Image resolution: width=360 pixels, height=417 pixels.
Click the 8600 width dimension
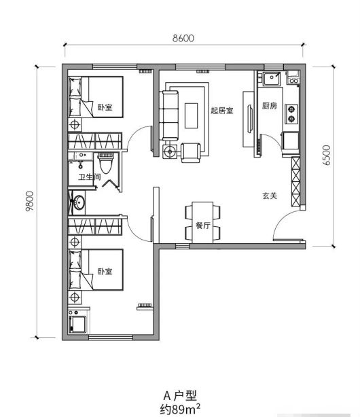click(183, 38)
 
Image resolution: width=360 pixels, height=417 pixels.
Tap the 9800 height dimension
click(29, 201)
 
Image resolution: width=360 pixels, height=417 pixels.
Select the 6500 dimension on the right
click(326, 156)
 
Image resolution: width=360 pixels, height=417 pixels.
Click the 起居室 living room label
click(222, 111)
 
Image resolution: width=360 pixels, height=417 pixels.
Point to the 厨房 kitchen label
click(270, 106)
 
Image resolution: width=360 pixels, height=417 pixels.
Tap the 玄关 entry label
click(270, 196)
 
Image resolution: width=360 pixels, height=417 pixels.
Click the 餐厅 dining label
click(203, 225)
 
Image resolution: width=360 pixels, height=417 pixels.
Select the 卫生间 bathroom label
click(90, 177)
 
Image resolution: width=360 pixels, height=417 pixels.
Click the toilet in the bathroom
click(106, 163)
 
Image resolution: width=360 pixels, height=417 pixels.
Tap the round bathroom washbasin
click(79, 202)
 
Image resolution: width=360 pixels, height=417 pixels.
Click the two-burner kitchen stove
click(291, 114)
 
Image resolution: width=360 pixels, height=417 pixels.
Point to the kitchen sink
click(272, 79)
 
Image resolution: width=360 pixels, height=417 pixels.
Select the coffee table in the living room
click(192, 115)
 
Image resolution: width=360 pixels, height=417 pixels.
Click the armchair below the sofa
click(191, 153)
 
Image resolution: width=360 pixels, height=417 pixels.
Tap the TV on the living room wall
click(250, 119)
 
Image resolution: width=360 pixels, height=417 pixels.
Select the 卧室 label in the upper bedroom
click(105, 107)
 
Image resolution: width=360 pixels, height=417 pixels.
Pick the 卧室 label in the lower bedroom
click(105, 272)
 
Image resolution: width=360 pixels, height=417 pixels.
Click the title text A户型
click(180, 396)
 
